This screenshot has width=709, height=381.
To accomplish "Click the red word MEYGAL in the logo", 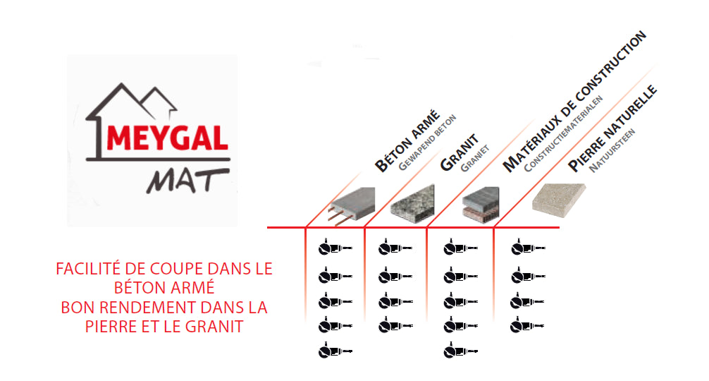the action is (167, 138).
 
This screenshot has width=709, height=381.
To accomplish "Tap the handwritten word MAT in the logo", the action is (187, 181).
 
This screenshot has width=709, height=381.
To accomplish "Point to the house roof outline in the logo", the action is (131, 102).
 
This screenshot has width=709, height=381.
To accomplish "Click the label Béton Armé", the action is (407, 140).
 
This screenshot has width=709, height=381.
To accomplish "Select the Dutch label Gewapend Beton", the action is (427, 143).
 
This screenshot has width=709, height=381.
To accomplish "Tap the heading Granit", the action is (460, 152).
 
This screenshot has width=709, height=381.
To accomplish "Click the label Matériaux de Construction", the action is (574, 102).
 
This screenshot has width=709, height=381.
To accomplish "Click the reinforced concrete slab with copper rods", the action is (352, 206).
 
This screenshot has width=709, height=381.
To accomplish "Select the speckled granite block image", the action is (412, 205).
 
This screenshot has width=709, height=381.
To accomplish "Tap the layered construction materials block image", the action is (481, 205).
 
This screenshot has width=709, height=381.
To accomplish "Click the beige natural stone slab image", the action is (559, 200).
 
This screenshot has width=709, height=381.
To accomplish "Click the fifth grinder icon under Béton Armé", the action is (335, 351).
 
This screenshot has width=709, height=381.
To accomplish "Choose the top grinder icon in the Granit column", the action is (395, 248).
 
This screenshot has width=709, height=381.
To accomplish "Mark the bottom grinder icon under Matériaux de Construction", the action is (460, 351).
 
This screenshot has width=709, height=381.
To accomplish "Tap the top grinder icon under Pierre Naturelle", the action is (528, 248).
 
